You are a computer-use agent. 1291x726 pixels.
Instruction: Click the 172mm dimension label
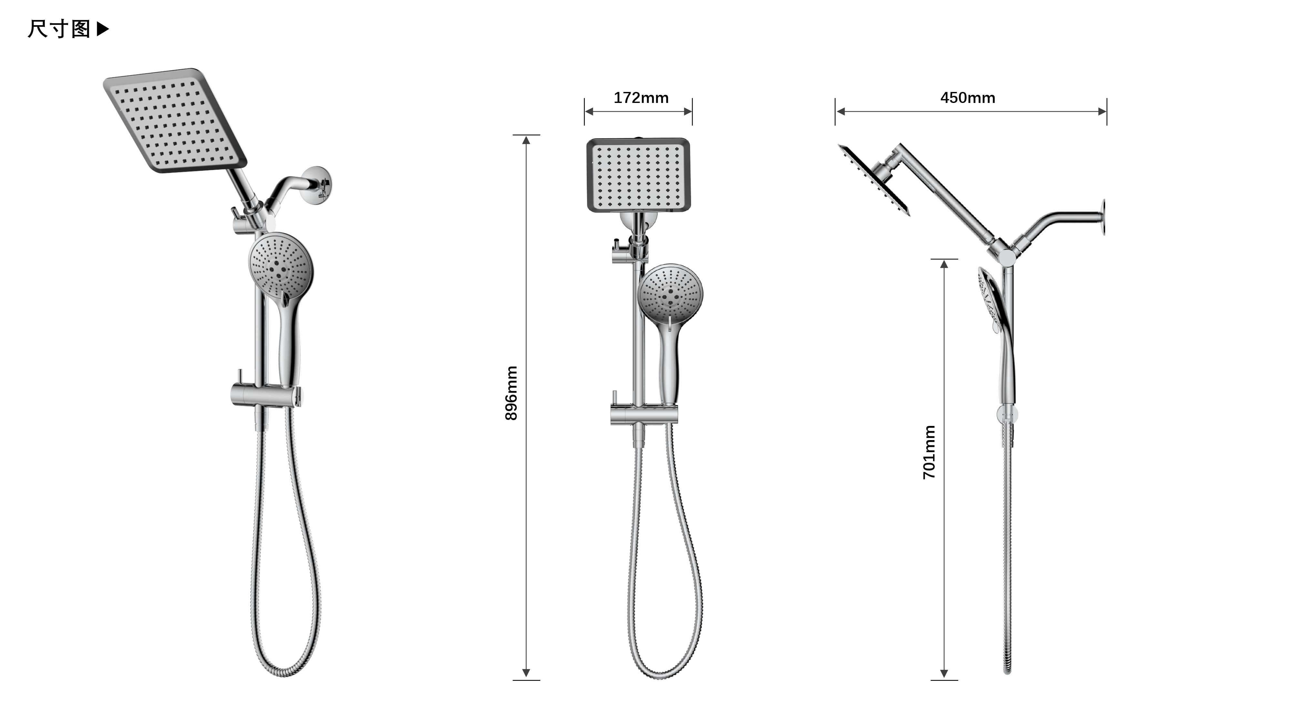641,98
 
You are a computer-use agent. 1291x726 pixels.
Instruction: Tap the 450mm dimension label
968,98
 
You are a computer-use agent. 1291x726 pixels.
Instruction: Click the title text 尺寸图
59,29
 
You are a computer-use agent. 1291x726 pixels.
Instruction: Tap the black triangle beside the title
102,29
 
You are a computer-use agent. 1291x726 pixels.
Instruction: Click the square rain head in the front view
638,175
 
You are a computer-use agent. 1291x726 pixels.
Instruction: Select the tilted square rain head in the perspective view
175,121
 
